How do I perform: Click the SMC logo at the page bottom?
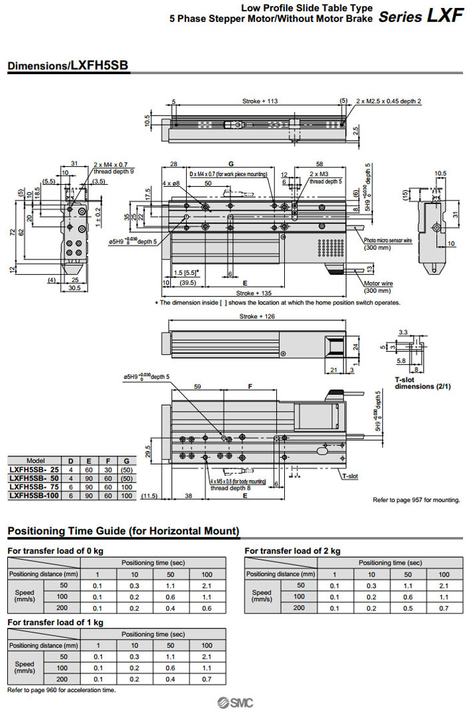(233, 703)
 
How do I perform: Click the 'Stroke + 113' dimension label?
(260, 101)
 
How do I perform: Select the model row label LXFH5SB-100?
(35, 496)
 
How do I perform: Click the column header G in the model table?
(126, 461)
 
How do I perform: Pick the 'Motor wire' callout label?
(378, 283)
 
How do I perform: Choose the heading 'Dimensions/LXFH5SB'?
(67, 65)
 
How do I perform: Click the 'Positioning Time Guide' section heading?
(123, 531)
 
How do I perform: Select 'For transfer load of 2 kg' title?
(292, 551)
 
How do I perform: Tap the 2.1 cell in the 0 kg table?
(207, 585)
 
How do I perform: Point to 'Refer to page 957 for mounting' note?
(416, 499)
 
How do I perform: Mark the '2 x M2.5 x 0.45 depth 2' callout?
(389, 101)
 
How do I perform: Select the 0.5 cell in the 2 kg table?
(408, 608)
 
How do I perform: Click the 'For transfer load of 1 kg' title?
(55, 622)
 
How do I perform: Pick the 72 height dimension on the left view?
(11, 231)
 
